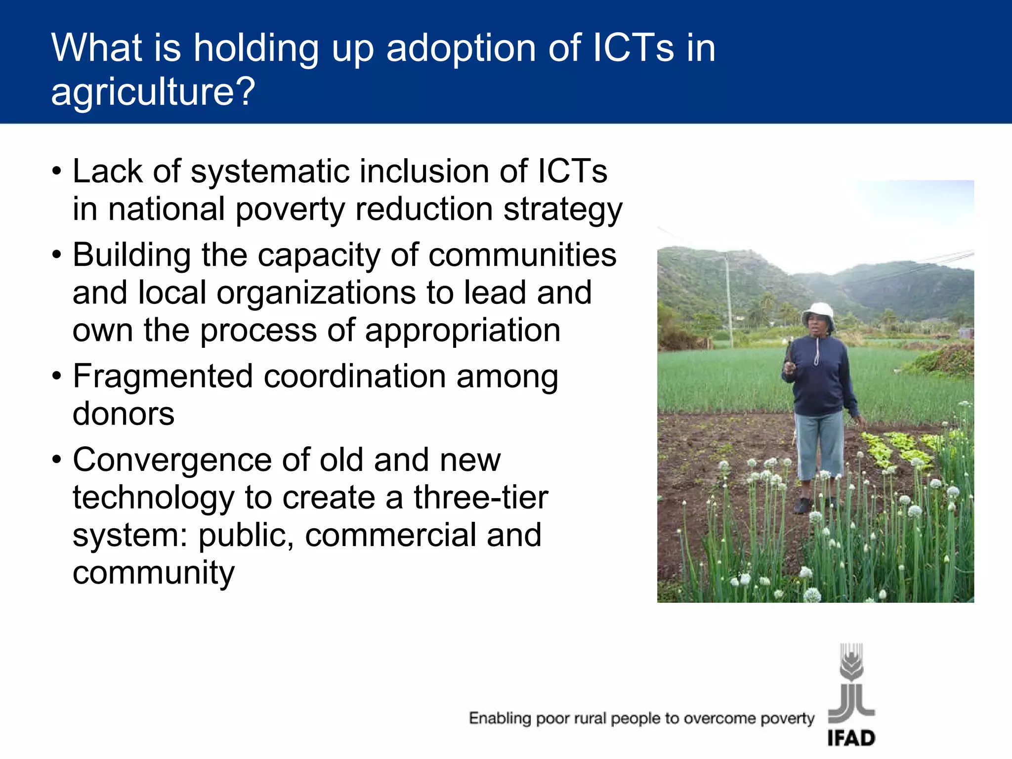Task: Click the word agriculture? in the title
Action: coord(153,92)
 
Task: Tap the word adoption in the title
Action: coord(461,48)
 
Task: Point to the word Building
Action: coord(131,256)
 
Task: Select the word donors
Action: coord(124,414)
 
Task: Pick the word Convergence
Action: coord(172,460)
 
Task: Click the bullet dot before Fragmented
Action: coord(57,376)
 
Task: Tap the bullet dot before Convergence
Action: coord(57,460)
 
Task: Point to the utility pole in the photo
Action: coord(728,296)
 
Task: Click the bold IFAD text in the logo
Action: coord(851,738)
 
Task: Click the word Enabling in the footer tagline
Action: coord(500,718)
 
